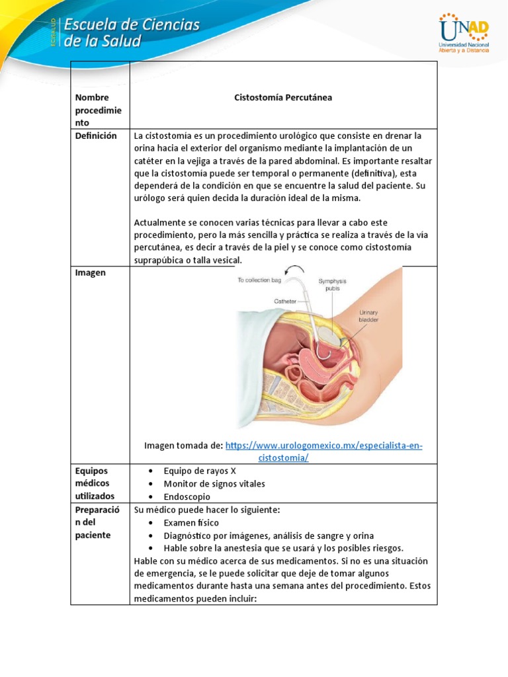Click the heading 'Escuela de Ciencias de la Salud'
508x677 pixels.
131,33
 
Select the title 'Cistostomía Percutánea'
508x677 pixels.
283,97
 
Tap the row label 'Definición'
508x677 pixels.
96,136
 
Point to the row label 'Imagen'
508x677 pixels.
91,272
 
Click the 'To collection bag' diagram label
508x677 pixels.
259,280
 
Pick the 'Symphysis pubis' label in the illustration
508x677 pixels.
332,285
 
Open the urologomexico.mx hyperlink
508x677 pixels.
323,446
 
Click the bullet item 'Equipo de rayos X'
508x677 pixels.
200,471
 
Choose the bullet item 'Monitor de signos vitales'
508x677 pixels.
214,483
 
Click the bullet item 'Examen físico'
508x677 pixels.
192,522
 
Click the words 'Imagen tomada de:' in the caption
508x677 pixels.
183,446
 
